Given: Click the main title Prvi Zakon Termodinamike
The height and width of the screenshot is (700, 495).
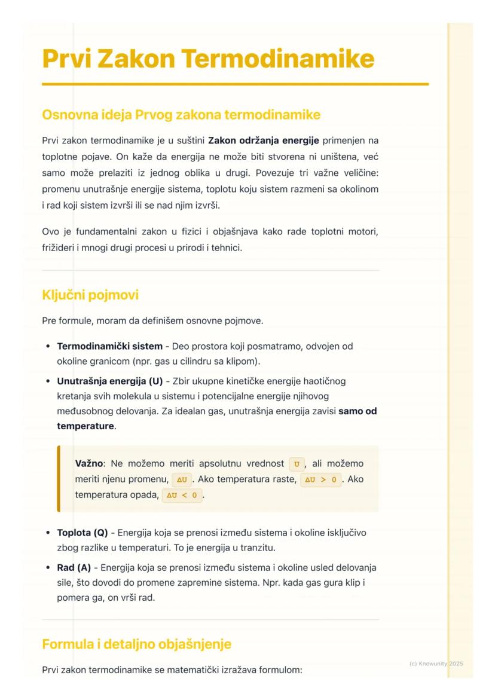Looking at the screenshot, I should coord(208,59).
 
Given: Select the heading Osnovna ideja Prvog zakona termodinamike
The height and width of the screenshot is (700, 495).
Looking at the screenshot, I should coord(181,114).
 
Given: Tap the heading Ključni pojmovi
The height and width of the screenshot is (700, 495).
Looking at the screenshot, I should coord(90,295).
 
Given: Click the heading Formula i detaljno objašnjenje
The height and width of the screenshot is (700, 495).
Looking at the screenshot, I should coord(136,644).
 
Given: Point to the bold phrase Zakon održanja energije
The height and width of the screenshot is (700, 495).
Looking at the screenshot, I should coord(264,141).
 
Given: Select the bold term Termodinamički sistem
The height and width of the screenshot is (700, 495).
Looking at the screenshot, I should coord(109,346).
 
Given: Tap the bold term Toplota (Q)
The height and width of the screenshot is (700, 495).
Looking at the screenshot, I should coord(82,533).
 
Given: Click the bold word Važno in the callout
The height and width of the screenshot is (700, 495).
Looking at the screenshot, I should coord(88,463).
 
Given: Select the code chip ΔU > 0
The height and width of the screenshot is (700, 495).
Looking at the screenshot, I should coord(320,479).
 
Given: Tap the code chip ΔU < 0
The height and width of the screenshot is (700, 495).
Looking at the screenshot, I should coord(182,496).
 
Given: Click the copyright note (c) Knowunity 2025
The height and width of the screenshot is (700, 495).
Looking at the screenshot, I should coord(436,664).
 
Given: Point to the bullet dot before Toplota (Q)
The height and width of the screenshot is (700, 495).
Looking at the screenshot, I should coord(47,533).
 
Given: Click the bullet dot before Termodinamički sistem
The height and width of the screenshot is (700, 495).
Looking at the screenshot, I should coord(47,346).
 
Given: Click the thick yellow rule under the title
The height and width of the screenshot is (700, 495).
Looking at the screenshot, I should coord(235,84).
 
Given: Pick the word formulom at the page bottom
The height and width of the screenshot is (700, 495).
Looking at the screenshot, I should coord(283,670).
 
